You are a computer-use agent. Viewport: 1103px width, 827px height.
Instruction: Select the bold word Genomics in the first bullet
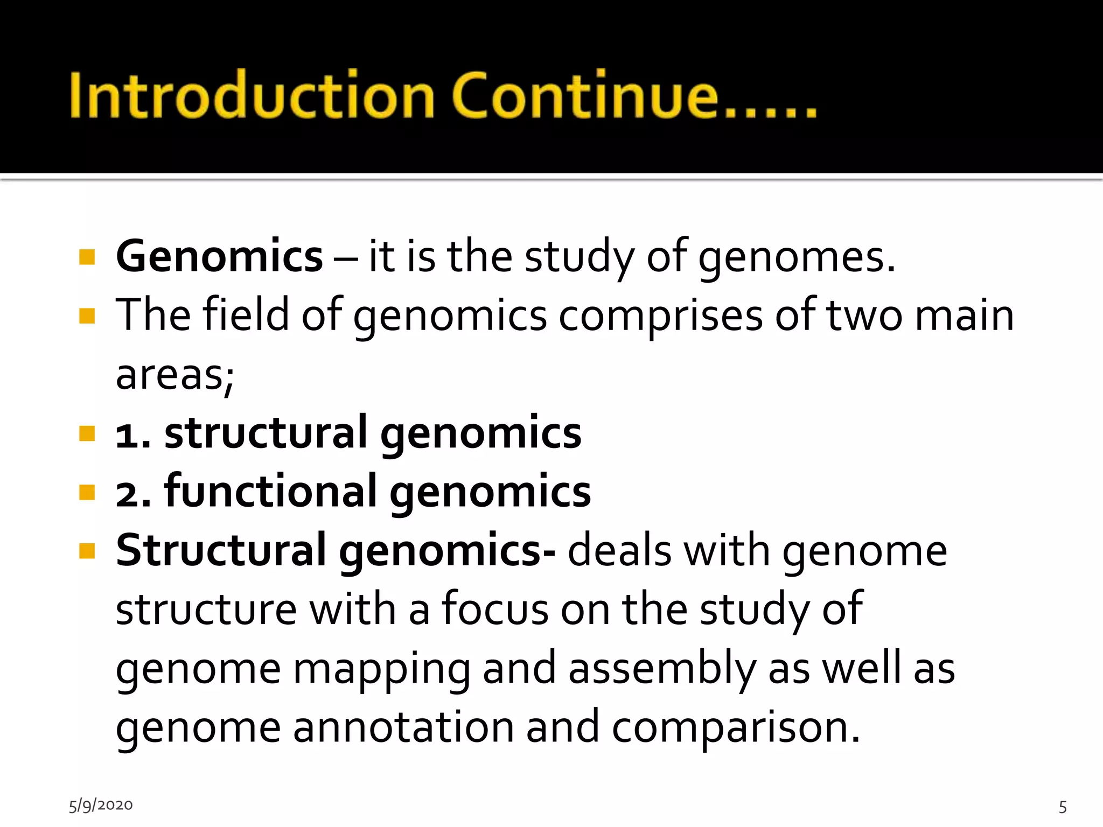coord(219,257)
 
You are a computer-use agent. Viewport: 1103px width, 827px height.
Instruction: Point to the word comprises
coord(660,316)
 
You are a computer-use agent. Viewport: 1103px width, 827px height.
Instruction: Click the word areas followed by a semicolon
coord(170,375)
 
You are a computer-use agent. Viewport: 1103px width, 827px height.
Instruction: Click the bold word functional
coord(270,491)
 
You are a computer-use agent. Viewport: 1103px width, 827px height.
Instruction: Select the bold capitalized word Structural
coord(221,550)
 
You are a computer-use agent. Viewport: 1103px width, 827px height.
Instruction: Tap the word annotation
coord(403,727)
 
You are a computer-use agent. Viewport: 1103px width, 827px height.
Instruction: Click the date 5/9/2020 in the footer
coord(101,805)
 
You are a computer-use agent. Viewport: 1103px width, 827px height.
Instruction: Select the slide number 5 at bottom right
coord(1063,807)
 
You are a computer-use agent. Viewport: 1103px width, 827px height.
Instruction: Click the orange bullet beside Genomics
coord(87,257)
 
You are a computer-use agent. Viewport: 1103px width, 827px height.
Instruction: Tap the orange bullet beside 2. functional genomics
coord(87,492)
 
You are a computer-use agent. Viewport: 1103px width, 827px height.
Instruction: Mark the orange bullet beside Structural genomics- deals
coord(87,551)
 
